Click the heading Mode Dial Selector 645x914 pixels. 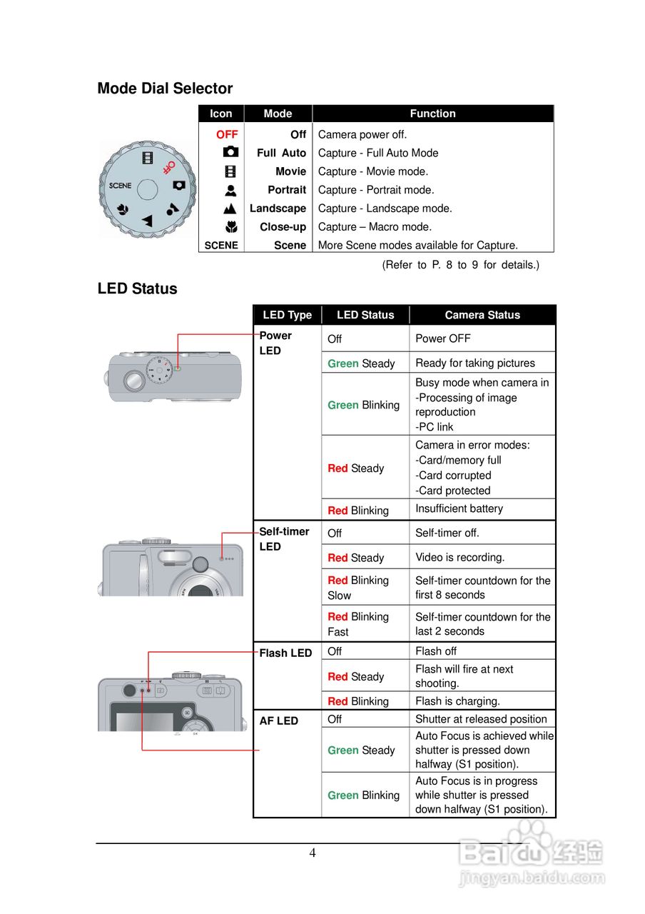click(x=165, y=89)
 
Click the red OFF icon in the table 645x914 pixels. click(x=227, y=134)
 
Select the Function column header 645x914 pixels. click(x=432, y=114)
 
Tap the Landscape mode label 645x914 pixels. click(x=278, y=209)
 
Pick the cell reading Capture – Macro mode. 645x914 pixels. click(x=375, y=227)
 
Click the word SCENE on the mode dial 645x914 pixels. click(x=120, y=186)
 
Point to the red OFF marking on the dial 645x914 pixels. click(x=168, y=167)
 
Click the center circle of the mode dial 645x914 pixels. click(x=147, y=189)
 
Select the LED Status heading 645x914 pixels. click(x=137, y=289)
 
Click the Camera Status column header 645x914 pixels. click(x=482, y=315)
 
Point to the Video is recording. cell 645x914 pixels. click(x=459, y=557)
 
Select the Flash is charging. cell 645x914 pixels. click(x=457, y=701)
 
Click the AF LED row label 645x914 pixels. click(x=278, y=721)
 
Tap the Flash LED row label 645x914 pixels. click(x=285, y=653)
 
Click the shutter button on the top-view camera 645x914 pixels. click(x=134, y=380)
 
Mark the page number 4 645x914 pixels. click(x=313, y=853)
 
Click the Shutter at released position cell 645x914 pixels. click(x=481, y=719)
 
